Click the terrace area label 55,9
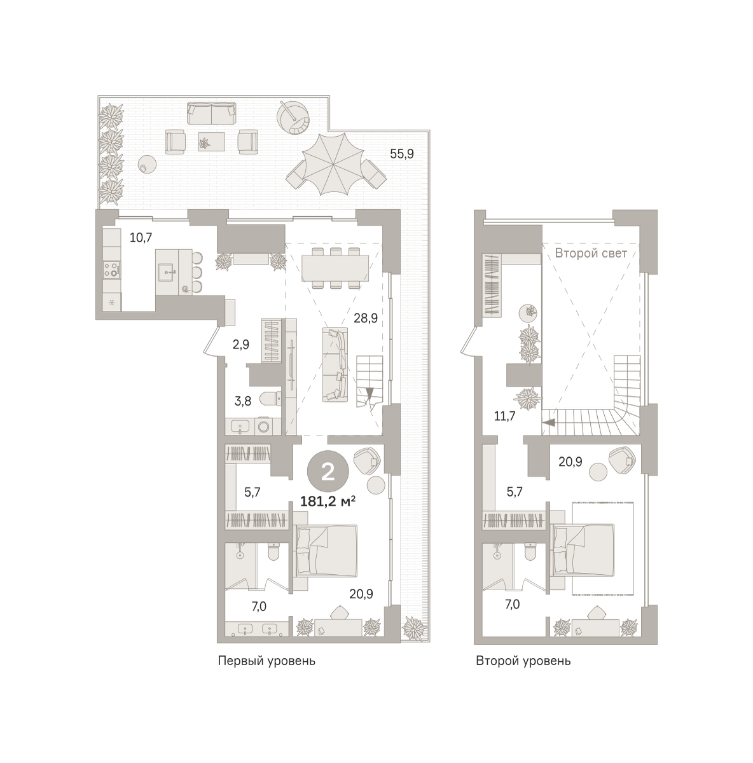click(402, 154)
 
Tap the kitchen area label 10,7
click(141, 238)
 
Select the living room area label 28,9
click(366, 318)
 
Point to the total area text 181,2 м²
click(328, 502)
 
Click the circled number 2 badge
click(328, 472)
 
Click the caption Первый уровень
click(266, 661)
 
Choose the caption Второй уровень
click(523, 661)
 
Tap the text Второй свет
click(591, 253)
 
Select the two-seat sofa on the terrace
click(212, 114)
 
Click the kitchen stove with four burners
click(112, 269)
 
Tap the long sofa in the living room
click(335, 364)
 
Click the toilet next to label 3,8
click(270, 399)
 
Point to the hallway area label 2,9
click(241, 345)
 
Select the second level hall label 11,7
click(504, 416)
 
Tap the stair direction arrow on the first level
click(370, 393)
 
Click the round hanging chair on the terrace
click(294, 118)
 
